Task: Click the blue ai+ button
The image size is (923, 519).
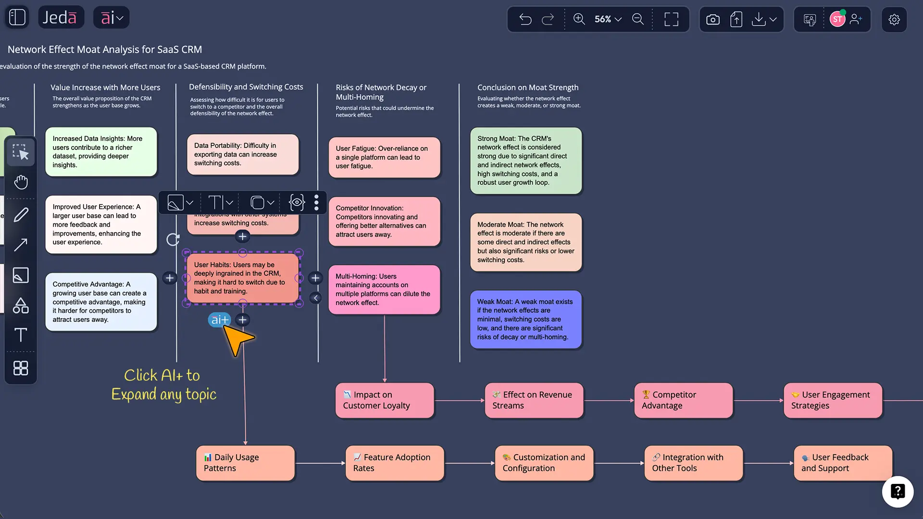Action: click(x=219, y=320)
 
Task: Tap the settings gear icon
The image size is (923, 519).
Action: click(x=894, y=19)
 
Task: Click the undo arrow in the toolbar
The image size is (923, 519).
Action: click(x=525, y=19)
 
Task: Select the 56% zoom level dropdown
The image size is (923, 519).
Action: click(x=608, y=19)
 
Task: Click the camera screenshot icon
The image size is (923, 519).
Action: click(x=712, y=19)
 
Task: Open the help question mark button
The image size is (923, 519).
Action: click(x=898, y=491)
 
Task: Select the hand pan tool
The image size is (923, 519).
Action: click(x=21, y=182)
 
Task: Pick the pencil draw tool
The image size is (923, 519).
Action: click(x=21, y=215)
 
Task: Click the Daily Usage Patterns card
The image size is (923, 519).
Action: click(x=245, y=463)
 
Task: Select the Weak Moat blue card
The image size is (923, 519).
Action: click(x=525, y=319)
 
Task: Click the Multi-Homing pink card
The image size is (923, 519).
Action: click(x=384, y=289)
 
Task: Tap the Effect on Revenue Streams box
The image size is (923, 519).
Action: click(x=534, y=400)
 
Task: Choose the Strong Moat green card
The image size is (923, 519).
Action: click(x=525, y=161)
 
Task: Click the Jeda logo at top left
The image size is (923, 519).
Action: click(x=60, y=17)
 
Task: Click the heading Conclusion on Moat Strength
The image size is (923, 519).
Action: click(x=527, y=87)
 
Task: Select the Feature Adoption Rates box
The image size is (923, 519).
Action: click(x=395, y=463)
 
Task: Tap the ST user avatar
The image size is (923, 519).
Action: click(x=837, y=19)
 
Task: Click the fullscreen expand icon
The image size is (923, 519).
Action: click(x=671, y=19)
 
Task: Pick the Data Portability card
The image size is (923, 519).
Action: click(x=242, y=154)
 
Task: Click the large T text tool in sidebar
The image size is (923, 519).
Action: click(x=21, y=335)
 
